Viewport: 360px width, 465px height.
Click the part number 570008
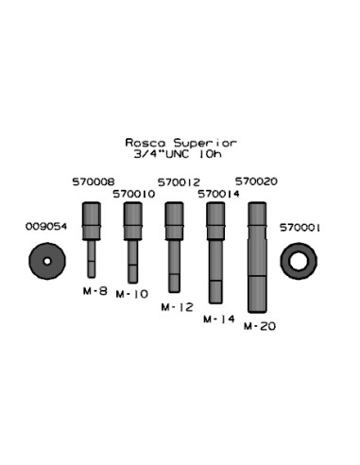pyautogui.click(x=94, y=181)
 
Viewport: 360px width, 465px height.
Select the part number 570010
pyautogui.click(x=134, y=194)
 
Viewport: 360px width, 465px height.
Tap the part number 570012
pyautogui.click(x=179, y=182)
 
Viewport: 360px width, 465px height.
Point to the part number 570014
pyautogui.click(x=218, y=194)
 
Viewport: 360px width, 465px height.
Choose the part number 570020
pyautogui.click(x=256, y=181)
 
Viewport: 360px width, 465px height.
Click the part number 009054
pyautogui.click(x=46, y=227)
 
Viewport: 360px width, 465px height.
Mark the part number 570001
pyautogui.click(x=300, y=228)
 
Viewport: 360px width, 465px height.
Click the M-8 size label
pyautogui.click(x=95, y=291)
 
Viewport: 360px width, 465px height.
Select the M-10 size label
pyautogui.click(x=132, y=294)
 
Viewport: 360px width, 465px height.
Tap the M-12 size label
pyautogui.click(x=177, y=307)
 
